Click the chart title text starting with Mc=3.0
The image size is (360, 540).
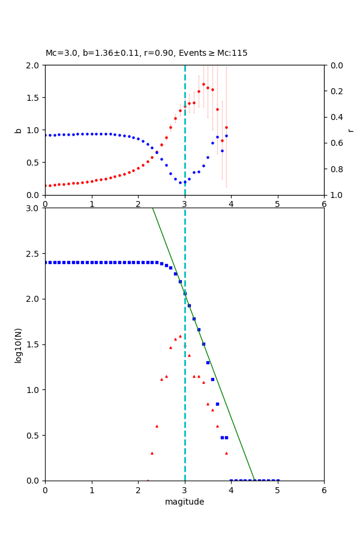pyautogui.click(x=146, y=53)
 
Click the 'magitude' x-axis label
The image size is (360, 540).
pyautogui.click(x=184, y=502)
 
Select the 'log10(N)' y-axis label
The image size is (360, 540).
pyautogui.click(x=18, y=344)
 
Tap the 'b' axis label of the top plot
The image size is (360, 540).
pyautogui.click(x=18, y=130)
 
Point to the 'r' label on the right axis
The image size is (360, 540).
pyautogui.click(x=350, y=130)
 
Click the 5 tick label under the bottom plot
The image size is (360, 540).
pyautogui.click(x=277, y=490)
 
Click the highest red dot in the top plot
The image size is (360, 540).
pyautogui.click(x=203, y=84)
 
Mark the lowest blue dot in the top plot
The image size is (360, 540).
pyautogui.click(x=180, y=182)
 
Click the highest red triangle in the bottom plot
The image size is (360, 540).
pyautogui.click(x=180, y=336)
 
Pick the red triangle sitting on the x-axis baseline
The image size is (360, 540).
pyautogui.click(x=148, y=480)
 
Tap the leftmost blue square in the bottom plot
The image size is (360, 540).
pyautogui.click(x=46, y=262)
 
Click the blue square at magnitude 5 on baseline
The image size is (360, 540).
pyautogui.click(x=277, y=480)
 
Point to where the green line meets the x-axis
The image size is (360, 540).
pyautogui.click(x=254, y=480)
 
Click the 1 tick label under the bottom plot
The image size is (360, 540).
pyautogui.click(x=92, y=490)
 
